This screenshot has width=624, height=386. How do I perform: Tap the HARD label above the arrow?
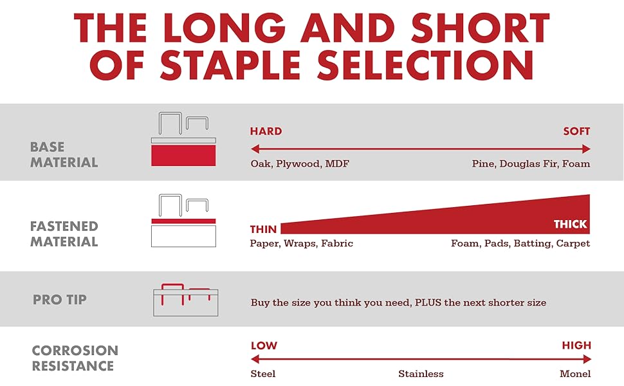pos(266,131)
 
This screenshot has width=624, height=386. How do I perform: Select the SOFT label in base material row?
pos(576,131)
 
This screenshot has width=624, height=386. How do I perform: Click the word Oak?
pos(260,164)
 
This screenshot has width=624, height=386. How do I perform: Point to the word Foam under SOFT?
pos(576,164)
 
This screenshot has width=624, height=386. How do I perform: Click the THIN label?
pos(263,229)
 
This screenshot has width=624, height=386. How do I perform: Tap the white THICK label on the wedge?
pos(571,224)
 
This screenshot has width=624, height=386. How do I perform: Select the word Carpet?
pos(573,243)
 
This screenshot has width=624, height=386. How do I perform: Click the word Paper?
pos(264,244)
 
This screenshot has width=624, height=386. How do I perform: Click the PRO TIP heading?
pos(60,300)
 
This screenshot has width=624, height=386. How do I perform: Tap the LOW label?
pos(264,345)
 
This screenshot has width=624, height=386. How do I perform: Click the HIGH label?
pos(576,345)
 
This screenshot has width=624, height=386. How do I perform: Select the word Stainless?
pos(421,374)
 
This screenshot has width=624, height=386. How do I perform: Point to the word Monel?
pos(575,374)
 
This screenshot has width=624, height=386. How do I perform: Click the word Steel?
pos(263,374)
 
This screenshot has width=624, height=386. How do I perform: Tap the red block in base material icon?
pos(183,156)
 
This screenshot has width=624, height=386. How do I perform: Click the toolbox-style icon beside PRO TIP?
pos(184,300)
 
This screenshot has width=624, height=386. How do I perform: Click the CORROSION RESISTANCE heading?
pos(75,358)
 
